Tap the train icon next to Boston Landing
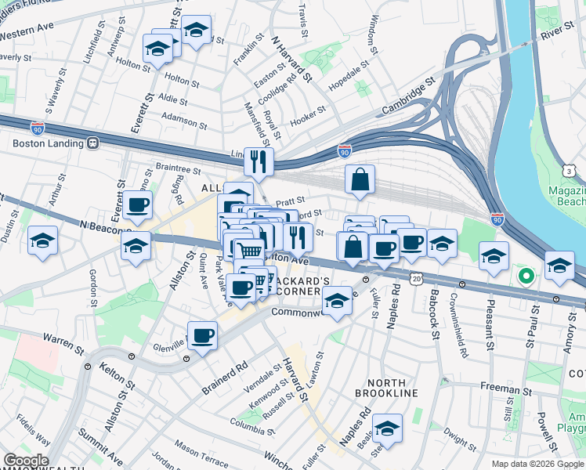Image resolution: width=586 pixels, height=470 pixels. click(92, 143)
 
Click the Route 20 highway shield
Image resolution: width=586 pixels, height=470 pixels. click(416, 278)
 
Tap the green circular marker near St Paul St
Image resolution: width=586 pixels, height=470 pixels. click(526, 276)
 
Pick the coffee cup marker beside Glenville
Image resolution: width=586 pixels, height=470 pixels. click(203, 337)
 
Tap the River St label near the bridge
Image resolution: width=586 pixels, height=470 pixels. click(557, 34)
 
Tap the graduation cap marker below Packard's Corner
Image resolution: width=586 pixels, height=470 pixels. click(337, 301)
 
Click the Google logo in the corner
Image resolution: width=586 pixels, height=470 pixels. click(26, 461)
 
